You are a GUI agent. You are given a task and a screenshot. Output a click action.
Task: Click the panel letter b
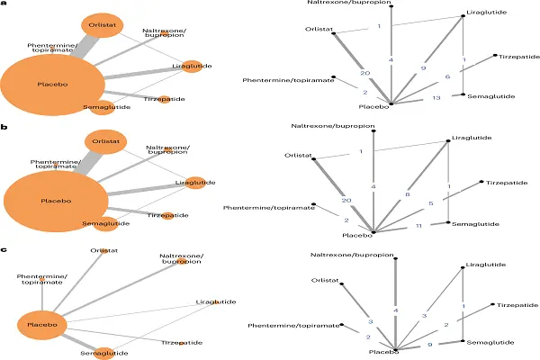6,127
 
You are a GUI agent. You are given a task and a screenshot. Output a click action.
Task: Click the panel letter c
6,241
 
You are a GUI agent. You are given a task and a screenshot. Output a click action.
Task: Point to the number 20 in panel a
364,73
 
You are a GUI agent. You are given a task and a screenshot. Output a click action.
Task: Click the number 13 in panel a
436,96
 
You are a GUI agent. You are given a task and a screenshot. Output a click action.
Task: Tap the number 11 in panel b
418,228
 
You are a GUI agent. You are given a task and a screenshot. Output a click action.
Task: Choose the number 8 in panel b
407,194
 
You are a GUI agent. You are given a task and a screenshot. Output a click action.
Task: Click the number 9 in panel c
429,345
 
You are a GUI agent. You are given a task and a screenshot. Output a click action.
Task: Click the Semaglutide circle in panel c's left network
105,354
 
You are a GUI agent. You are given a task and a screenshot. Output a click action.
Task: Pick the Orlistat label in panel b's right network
297,155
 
